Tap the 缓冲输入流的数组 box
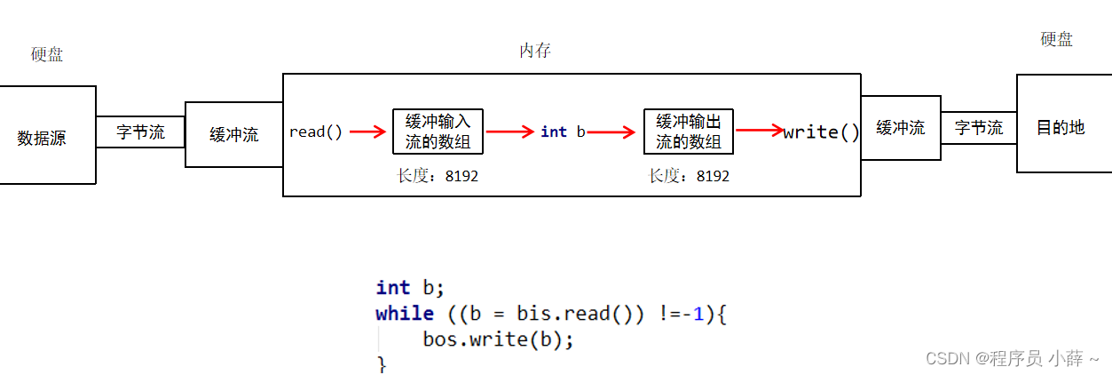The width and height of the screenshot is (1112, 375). pos(438,132)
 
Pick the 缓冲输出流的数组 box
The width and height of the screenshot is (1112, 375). pos(689,132)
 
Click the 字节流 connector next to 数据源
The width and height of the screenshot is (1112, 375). pos(140,132)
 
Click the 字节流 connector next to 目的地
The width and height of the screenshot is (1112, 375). pos(978,128)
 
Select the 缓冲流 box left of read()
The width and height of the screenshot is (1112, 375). pos(233,135)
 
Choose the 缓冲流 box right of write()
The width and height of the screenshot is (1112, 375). pos(900,128)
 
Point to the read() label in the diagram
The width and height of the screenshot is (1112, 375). pos(315,132)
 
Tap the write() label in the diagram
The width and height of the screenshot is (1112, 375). pos(821,132)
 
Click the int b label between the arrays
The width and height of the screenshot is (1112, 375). pos(563,132)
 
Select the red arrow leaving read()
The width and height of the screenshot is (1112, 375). pos(368,132)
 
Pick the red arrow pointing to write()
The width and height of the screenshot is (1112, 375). pos(760,132)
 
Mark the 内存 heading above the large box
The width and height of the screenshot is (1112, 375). pos(535,51)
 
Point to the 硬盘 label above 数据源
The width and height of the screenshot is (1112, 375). pos(47,55)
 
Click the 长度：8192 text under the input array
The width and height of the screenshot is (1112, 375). pos(438,176)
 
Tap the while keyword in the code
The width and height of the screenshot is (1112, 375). pos(405,314)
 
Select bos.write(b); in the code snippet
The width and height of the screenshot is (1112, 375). pos(499,339)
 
